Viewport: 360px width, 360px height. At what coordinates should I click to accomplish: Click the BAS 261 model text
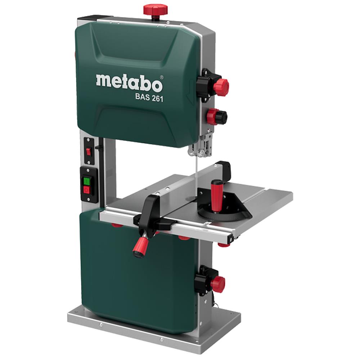(149, 98)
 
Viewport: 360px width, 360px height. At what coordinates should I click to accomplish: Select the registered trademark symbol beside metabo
(161, 77)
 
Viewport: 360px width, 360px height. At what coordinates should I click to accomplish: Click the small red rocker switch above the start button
(89, 152)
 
